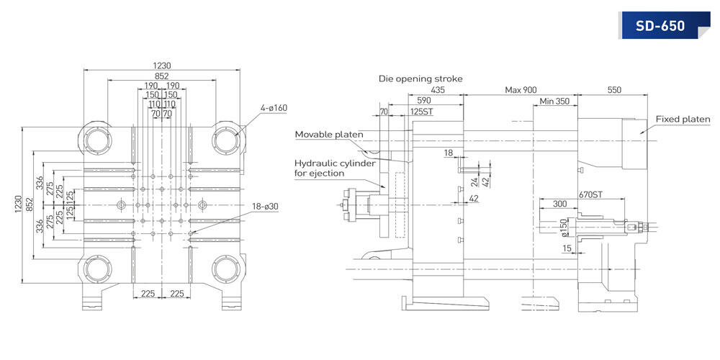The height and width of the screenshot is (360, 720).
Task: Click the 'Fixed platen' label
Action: pyautogui.click(x=683, y=120)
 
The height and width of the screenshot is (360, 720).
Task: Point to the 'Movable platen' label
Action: pyautogui.click(x=329, y=135)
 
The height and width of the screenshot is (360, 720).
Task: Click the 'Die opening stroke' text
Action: pyautogui.click(x=420, y=78)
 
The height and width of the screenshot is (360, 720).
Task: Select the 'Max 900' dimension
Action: pyautogui.click(x=521, y=90)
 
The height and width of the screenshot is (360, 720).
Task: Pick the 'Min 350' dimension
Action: pyautogui.click(x=554, y=102)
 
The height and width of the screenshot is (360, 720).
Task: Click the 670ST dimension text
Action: pyautogui.click(x=590, y=196)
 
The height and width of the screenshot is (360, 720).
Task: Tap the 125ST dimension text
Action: pyautogui.click(x=423, y=112)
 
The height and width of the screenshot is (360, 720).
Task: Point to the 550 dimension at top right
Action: pyautogui.click(x=614, y=90)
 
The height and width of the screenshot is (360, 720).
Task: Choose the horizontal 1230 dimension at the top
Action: pyautogui.click(x=163, y=64)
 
